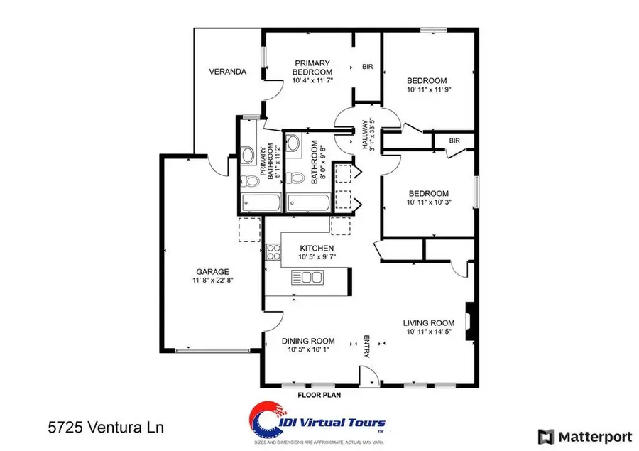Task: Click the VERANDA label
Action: click(x=227, y=72)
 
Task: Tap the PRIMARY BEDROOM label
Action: click(x=313, y=67)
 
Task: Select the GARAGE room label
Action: click(x=212, y=271)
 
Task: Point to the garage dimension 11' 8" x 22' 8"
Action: click(x=212, y=281)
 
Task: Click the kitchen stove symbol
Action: click(x=273, y=252)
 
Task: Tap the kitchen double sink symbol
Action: click(x=305, y=278)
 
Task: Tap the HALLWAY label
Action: click(x=366, y=134)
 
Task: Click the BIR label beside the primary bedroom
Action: click(x=368, y=67)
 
